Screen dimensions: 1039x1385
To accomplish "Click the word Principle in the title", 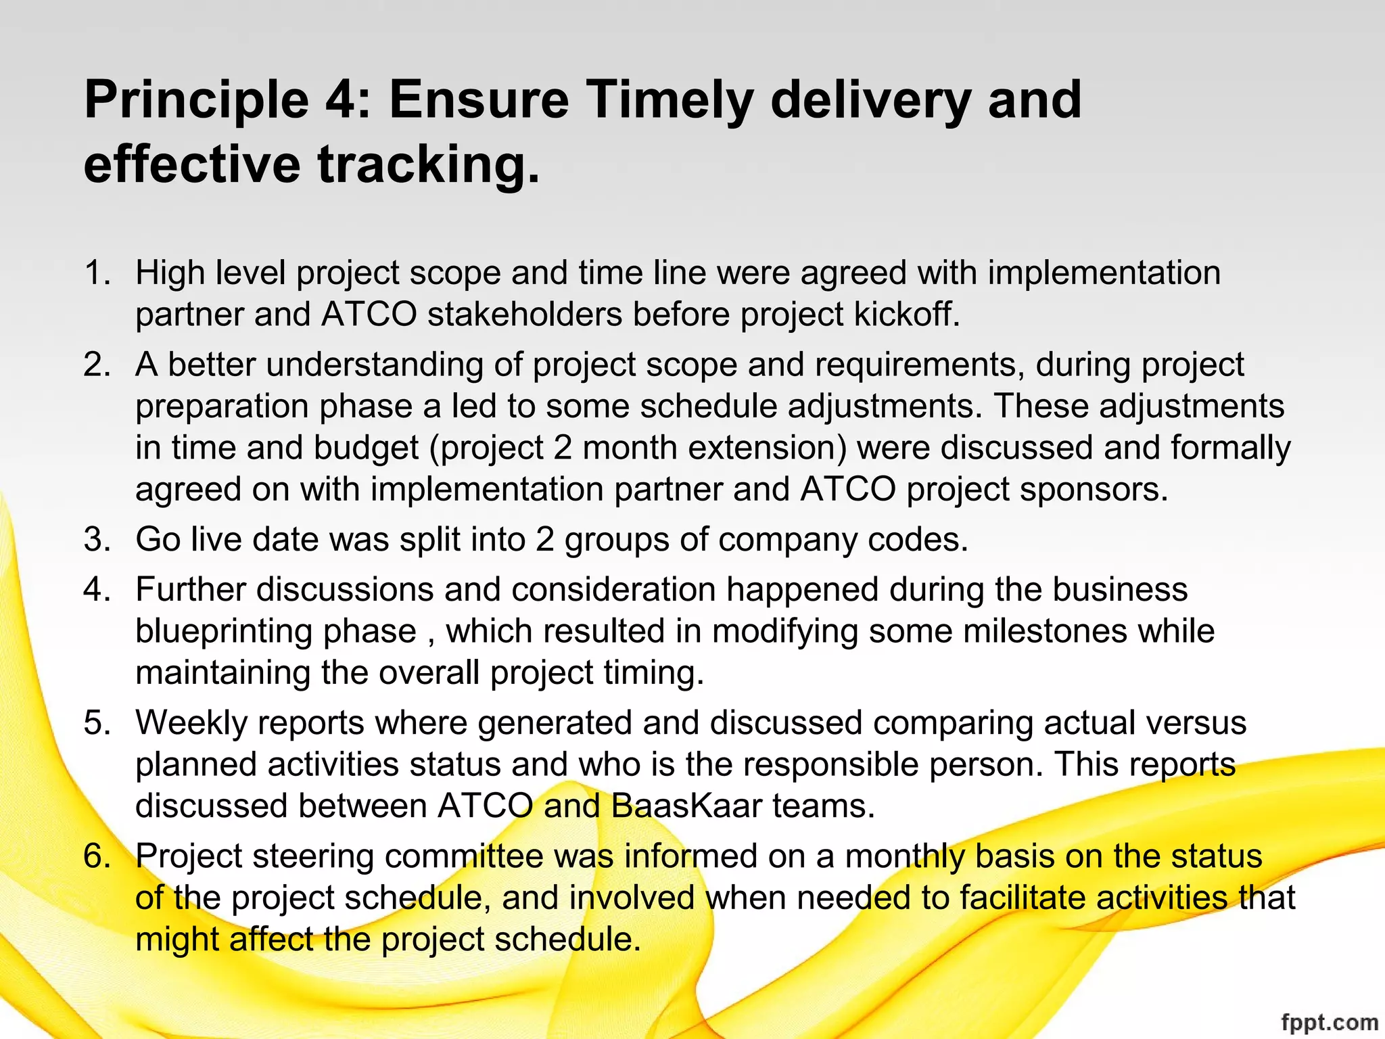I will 197,100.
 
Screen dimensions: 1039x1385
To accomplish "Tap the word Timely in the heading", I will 669,100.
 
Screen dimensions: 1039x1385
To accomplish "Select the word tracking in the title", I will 429,165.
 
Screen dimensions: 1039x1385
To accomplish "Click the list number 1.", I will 97,273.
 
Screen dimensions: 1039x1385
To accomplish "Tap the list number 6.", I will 97,856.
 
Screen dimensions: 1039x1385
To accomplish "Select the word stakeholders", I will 525,315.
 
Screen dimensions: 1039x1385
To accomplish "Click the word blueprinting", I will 276,632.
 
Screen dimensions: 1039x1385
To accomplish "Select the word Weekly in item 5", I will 192,723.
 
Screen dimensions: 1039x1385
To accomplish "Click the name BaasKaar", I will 686,806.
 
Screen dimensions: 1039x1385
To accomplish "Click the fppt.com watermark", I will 1329,1022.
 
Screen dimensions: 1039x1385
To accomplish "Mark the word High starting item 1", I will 170,273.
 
